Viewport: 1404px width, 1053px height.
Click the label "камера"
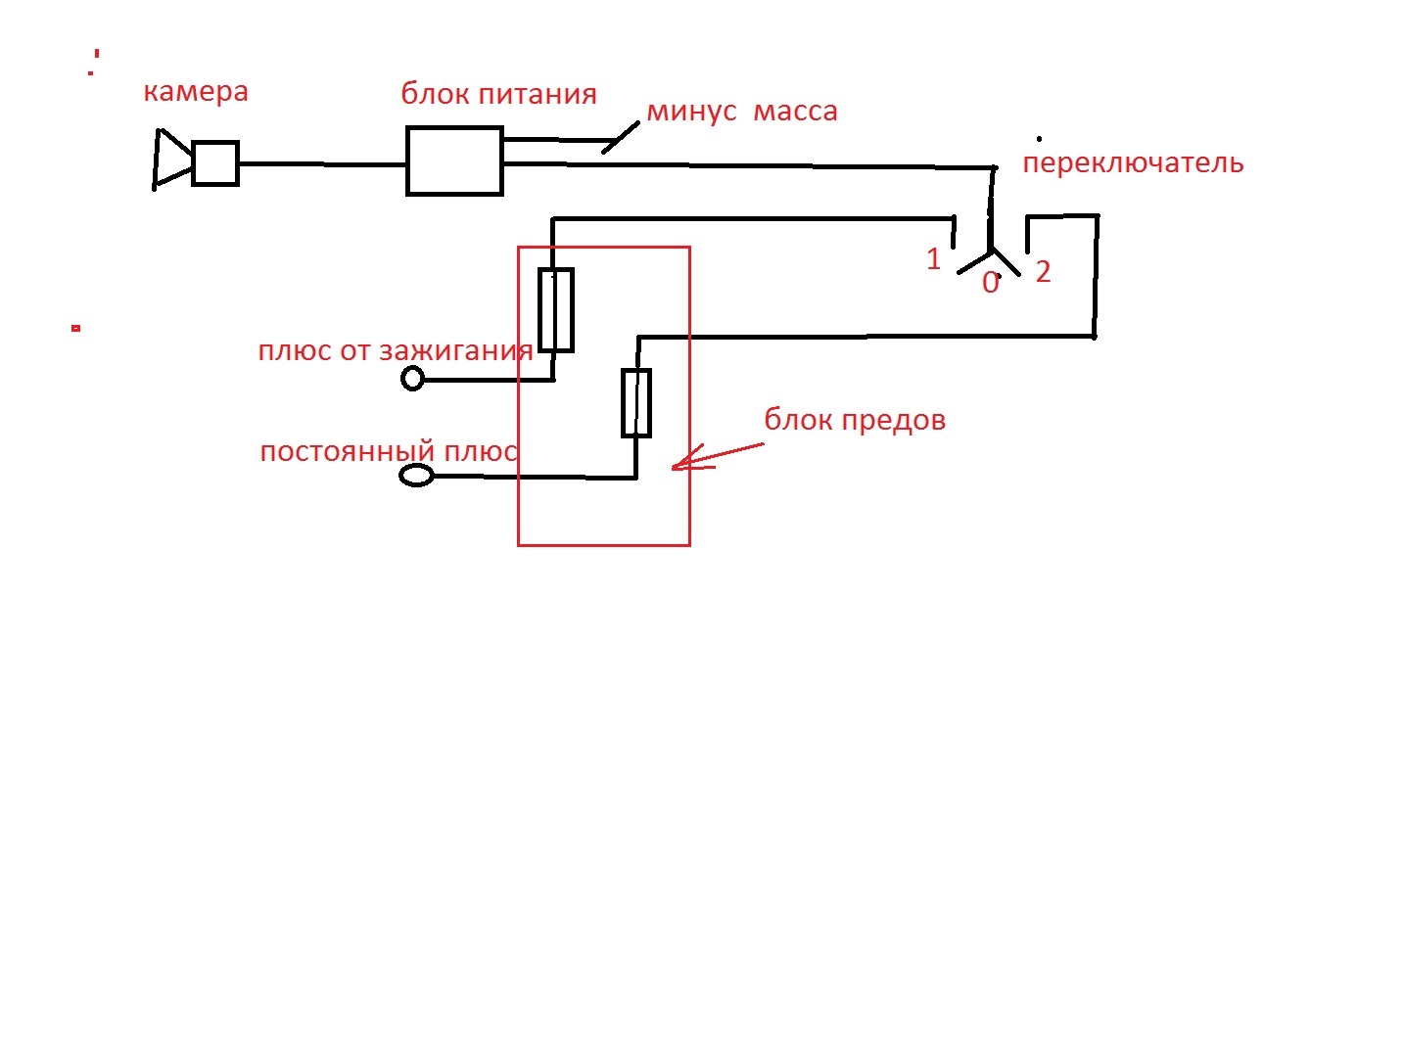(196, 92)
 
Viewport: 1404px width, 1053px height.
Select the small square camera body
(215, 163)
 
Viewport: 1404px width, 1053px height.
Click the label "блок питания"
(498, 95)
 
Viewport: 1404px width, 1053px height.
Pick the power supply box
(454, 161)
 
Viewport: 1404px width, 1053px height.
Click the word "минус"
(691, 112)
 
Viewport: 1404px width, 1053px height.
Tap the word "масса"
(795, 112)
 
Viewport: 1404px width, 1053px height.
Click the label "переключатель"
(1133, 163)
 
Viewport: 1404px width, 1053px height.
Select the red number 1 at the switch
(933, 259)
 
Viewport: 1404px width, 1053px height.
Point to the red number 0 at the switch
(991, 284)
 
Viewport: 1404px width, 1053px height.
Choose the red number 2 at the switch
(1043, 272)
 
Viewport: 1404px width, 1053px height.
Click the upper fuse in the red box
(556, 309)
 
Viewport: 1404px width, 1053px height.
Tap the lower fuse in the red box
(636, 402)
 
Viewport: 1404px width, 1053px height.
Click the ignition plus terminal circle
(413, 378)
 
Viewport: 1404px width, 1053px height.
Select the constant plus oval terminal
(417, 476)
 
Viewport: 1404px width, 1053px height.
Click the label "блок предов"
(855, 421)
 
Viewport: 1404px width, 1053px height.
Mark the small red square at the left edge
(75, 328)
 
